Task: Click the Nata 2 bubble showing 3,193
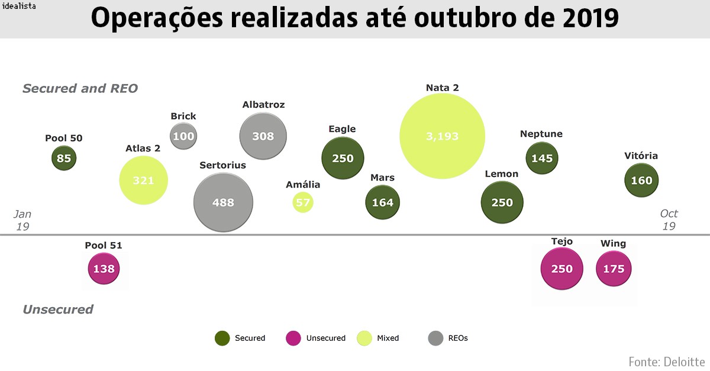coord(442,136)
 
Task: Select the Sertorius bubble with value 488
coord(223,202)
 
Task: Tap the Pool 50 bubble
coord(64,158)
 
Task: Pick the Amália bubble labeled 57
coord(303,202)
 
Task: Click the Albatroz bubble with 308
coord(263,136)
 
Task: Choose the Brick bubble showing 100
coord(183,136)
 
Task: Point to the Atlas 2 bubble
coord(143,180)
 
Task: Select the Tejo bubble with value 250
coord(561,269)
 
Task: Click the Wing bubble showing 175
coord(614,269)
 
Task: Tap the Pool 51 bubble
coord(104,269)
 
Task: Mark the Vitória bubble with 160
coord(642,180)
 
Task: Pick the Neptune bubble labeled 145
coord(542,158)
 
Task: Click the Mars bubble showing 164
coord(382,202)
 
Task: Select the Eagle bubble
coord(343,158)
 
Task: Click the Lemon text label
coord(501,174)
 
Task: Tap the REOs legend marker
coord(435,338)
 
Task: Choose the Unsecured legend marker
coord(293,338)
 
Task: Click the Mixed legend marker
coord(364,338)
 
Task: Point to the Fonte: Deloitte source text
coord(666,361)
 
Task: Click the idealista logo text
coord(19,7)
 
